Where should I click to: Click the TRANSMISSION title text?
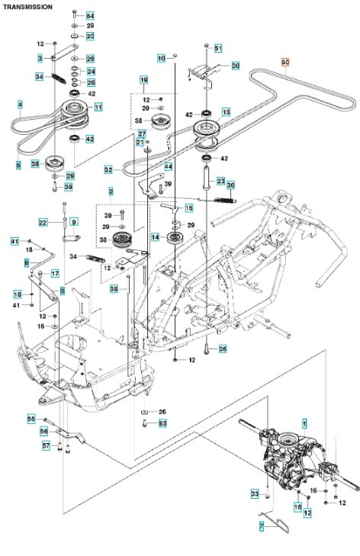(x=28, y=6)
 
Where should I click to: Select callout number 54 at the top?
(x=90, y=16)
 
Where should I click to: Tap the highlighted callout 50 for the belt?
(x=286, y=62)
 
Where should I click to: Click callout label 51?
(x=218, y=48)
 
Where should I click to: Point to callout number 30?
(x=235, y=66)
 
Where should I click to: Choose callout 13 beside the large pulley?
(x=226, y=111)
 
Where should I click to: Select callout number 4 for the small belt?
(x=19, y=104)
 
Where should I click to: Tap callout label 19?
(x=143, y=80)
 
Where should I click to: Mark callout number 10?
(x=161, y=58)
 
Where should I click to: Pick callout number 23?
(x=220, y=181)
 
